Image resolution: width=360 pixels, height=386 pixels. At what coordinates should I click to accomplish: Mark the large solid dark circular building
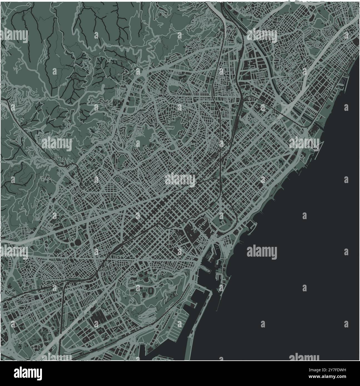click(78, 242)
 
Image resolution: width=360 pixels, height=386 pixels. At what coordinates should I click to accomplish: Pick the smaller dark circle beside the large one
click(73, 244)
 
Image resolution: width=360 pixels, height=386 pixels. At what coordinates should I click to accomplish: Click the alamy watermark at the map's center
click(180, 180)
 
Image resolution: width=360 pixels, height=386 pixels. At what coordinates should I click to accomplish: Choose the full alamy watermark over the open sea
click(262, 252)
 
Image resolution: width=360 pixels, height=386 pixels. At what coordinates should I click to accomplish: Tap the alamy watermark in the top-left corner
click(14, 36)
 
